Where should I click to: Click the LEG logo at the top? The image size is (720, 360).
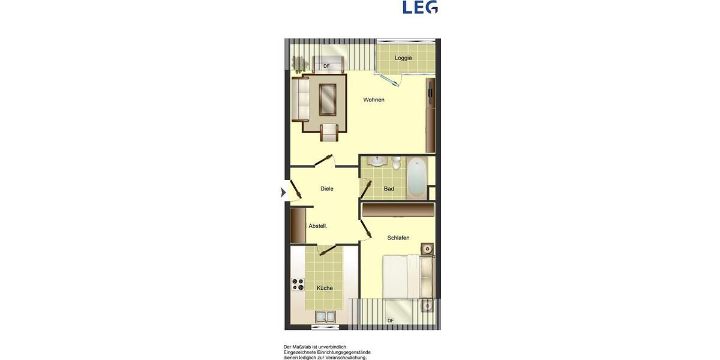point(420,7)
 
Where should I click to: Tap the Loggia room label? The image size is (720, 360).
point(403,58)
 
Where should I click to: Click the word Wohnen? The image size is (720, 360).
point(374,100)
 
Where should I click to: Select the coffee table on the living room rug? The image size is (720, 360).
point(328,99)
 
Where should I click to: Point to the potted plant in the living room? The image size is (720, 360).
point(298,63)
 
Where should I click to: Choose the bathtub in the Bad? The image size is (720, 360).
point(416,176)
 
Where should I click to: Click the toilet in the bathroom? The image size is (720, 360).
point(397,163)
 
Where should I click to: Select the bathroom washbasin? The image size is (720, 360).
point(377,161)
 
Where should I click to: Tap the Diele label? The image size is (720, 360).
point(327,188)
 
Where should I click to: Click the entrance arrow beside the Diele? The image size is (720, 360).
point(283,193)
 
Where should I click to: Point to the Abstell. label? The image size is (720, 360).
point(318,226)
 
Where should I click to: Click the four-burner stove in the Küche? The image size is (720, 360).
point(298,284)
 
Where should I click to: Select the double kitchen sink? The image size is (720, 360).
point(326,317)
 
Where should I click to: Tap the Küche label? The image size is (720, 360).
point(325,288)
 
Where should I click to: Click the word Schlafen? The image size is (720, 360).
point(398,238)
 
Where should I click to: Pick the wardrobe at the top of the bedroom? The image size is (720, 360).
point(398,210)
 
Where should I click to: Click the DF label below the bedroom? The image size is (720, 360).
point(391,321)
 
